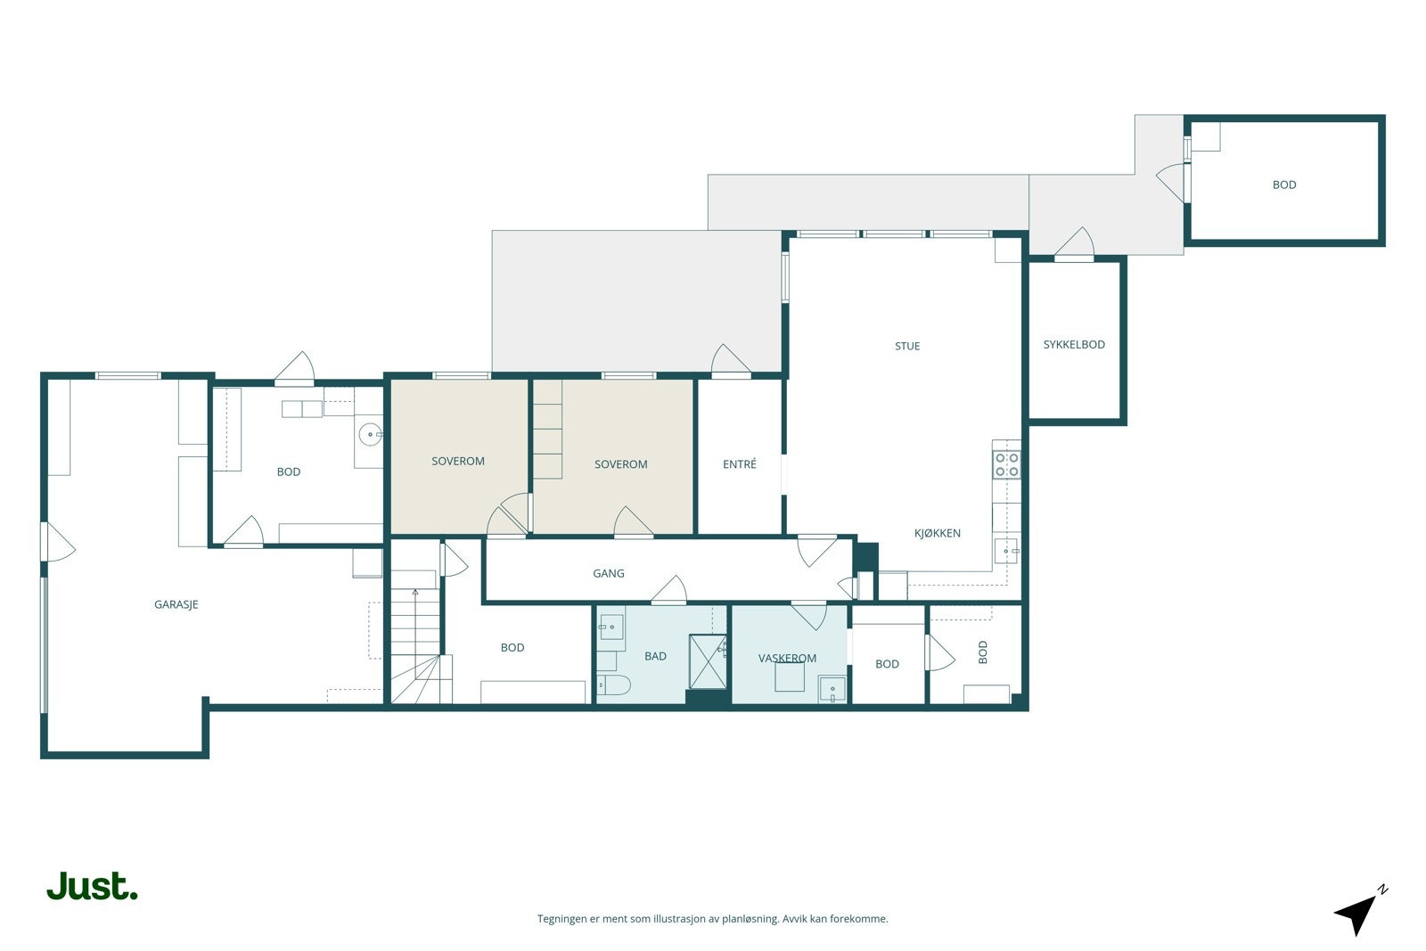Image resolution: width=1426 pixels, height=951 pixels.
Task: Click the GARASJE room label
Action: click(176, 604)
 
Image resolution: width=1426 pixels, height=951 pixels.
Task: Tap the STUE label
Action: click(907, 347)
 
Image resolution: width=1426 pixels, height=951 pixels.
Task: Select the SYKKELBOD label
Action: click(1074, 344)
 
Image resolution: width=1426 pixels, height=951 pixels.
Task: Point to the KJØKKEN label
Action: click(937, 533)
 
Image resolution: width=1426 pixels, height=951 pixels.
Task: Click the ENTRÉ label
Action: click(740, 464)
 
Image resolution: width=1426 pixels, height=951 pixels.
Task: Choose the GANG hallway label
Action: click(609, 573)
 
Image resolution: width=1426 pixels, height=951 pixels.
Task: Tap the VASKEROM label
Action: click(787, 658)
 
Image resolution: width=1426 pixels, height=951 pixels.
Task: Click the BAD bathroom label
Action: click(655, 656)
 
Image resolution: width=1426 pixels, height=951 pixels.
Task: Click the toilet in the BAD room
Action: click(614, 685)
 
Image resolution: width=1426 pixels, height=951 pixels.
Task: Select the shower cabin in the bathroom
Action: click(708, 661)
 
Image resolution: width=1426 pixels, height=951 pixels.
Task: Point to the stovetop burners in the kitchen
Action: click(1007, 464)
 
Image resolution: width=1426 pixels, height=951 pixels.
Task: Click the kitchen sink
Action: click(1007, 551)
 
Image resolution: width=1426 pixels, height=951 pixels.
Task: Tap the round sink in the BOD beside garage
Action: click(370, 435)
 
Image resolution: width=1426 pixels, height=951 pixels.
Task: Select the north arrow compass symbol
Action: click(1360, 911)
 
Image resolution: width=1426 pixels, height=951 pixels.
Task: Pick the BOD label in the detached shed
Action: click(1284, 185)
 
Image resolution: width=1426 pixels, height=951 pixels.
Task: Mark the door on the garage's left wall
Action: click(58, 542)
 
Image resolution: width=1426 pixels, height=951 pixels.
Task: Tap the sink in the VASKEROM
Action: click(832, 689)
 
